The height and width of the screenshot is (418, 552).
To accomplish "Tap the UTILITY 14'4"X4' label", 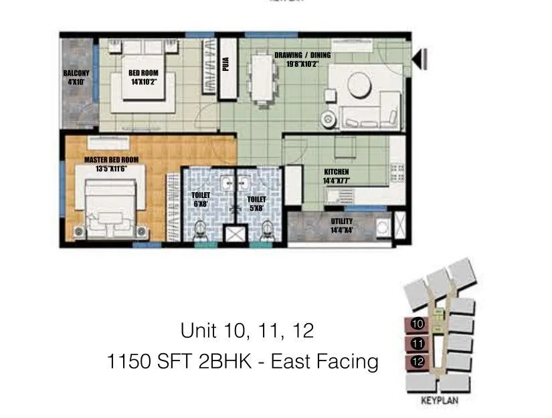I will (342, 225).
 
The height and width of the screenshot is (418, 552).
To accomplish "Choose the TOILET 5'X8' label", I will (256, 203).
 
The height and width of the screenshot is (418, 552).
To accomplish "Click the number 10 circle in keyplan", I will (418, 324).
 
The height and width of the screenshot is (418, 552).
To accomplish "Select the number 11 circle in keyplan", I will (418, 344).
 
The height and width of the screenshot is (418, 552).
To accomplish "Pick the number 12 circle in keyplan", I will (418, 362).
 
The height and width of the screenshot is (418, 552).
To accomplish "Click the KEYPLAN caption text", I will (438, 401).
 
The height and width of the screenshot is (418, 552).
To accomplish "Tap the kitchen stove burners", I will (396, 171).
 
